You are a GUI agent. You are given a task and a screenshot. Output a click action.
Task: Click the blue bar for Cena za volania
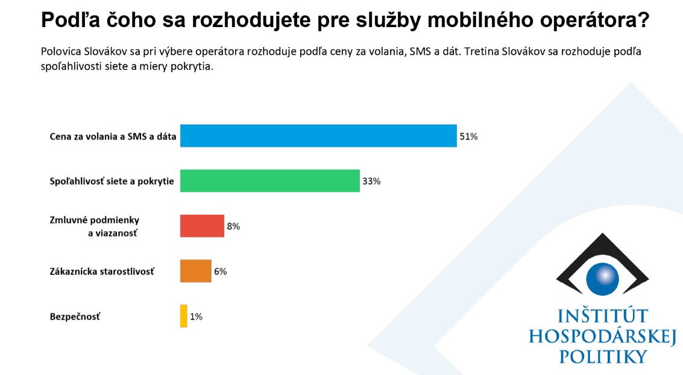[x=318, y=136]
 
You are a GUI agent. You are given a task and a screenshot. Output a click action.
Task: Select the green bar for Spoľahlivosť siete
[x=270, y=181]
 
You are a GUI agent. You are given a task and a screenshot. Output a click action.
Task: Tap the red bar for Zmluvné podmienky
[x=202, y=226]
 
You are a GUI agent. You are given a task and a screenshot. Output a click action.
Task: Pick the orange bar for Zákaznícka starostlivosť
[x=196, y=271]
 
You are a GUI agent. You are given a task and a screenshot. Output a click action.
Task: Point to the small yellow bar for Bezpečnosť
[x=184, y=316]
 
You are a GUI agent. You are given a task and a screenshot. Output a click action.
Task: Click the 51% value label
[x=468, y=137]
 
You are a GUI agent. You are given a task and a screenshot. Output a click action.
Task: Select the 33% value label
[x=371, y=181]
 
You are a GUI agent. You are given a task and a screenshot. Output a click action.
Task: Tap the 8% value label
[x=233, y=226]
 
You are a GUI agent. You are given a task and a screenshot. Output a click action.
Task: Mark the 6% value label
[x=220, y=271]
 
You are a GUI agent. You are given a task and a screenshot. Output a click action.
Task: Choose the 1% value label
[x=196, y=317]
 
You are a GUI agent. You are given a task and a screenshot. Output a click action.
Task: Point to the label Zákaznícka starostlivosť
[x=102, y=271]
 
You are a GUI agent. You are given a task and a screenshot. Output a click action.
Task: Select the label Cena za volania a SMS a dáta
[x=113, y=137]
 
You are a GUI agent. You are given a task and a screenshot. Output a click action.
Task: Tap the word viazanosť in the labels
[x=113, y=232]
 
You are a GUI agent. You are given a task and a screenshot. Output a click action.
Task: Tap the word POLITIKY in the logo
[x=603, y=356]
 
